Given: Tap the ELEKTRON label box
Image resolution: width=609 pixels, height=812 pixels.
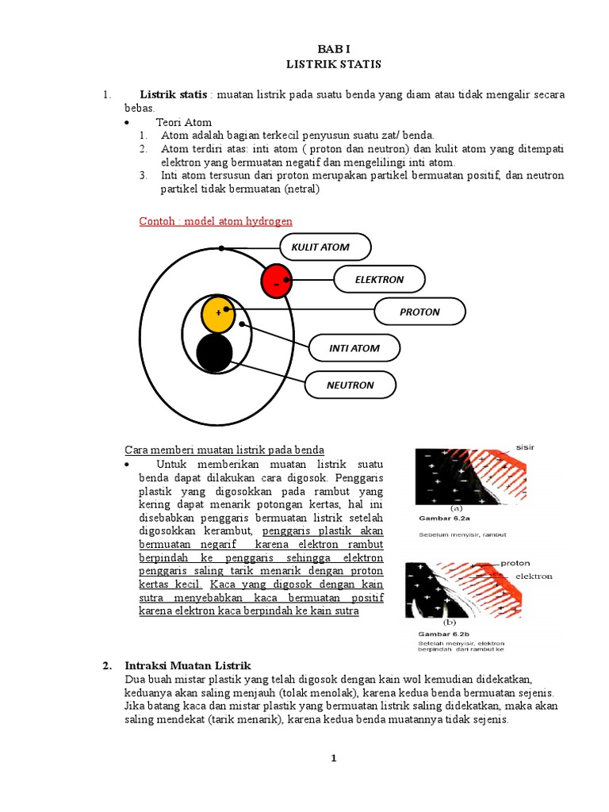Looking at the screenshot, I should pyautogui.click(x=379, y=279).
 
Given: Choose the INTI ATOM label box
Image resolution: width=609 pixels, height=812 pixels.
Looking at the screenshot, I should pyautogui.click(x=354, y=348).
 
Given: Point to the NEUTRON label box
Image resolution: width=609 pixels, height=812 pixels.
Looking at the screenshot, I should pyautogui.click(x=350, y=385).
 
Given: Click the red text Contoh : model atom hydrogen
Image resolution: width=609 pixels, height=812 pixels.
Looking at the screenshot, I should pyautogui.click(x=216, y=220).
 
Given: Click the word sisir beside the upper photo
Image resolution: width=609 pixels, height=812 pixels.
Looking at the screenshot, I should pyautogui.click(x=525, y=447).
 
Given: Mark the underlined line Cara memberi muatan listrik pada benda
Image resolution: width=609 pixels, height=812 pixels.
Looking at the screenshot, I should pyautogui.click(x=225, y=450).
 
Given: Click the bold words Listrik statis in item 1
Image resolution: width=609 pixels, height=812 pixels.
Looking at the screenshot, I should pyautogui.click(x=174, y=95).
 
